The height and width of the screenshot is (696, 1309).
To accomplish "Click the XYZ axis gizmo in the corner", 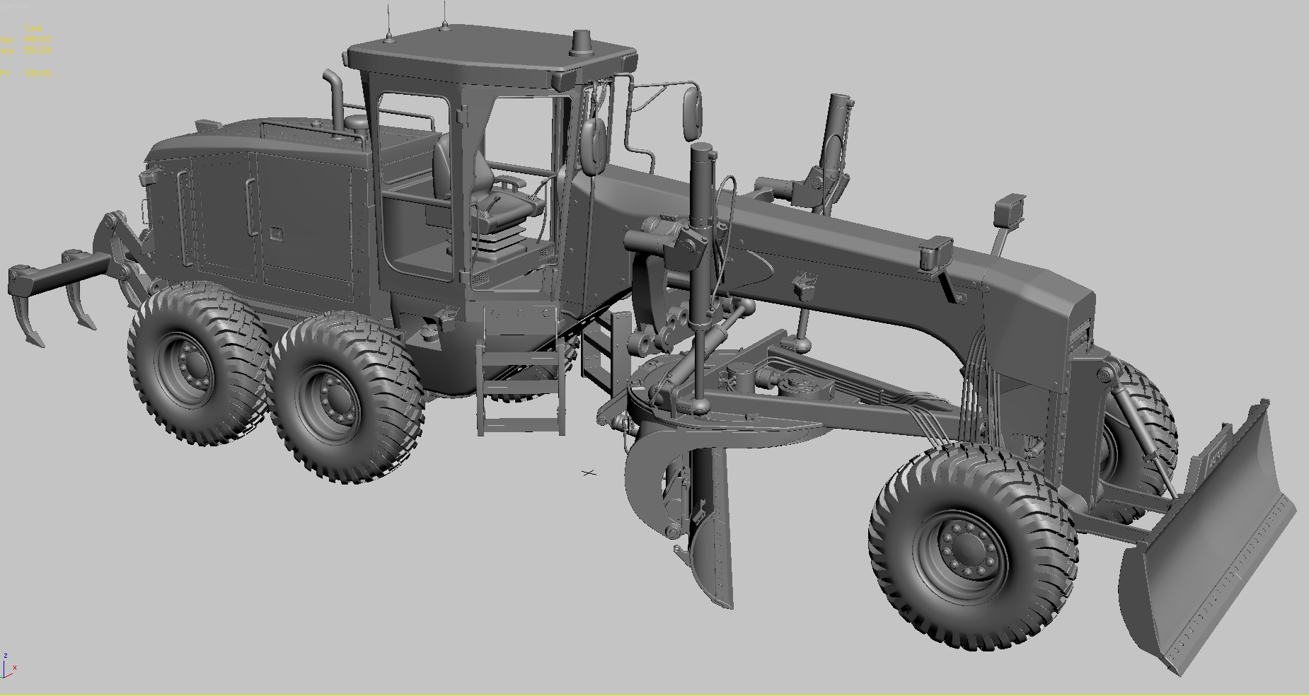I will click(x=8, y=666).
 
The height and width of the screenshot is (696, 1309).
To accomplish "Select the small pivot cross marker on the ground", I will click(x=589, y=472).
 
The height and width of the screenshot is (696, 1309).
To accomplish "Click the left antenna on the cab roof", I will click(x=388, y=21).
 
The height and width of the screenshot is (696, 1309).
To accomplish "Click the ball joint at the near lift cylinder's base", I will click(x=700, y=406).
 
